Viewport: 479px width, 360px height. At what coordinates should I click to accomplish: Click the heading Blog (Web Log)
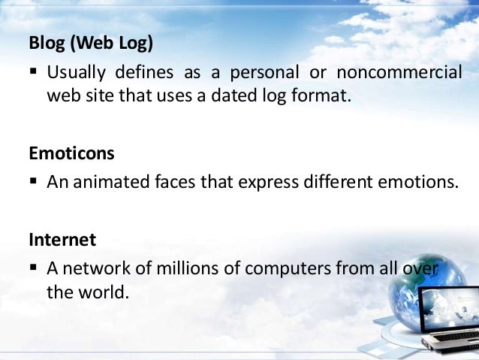[x=91, y=44]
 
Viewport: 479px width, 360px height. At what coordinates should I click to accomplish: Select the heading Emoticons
[x=71, y=154]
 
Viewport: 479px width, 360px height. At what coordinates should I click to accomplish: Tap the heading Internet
[x=62, y=241]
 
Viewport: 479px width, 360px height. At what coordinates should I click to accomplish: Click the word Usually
[x=77, y=73]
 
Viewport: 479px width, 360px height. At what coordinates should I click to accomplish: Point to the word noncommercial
[x=400, y=73]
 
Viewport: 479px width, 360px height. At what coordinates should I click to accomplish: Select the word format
[x=326, y=95]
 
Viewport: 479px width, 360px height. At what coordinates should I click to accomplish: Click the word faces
[x=169, y=183]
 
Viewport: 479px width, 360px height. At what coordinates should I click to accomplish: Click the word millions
[x=170, y=268]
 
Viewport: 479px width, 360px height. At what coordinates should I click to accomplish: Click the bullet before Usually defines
[x=35, y=74]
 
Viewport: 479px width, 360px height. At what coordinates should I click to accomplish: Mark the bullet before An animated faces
[x=35, y=183]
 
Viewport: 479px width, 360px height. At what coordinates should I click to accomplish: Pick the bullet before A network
[x=35, y=269]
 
